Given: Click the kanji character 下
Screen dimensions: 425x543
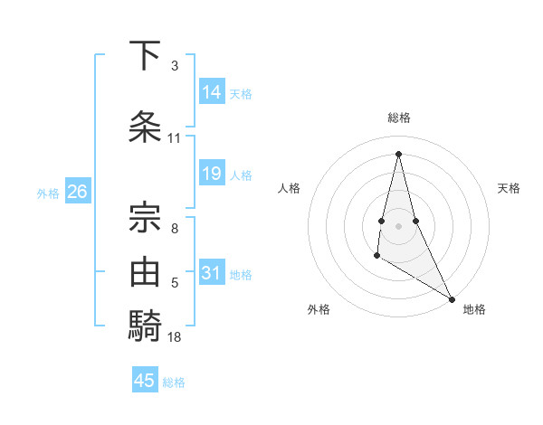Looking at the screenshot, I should coord(146,56).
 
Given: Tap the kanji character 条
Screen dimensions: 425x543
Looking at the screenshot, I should coord(146,126).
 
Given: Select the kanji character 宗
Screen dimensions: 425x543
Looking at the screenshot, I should coord(146,214).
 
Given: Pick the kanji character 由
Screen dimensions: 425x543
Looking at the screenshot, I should coord(146,270).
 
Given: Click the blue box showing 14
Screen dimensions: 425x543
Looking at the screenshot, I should coord(212,92).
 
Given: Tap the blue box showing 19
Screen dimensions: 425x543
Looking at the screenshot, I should coord(212,174).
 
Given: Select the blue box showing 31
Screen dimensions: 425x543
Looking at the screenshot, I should coord(212,273).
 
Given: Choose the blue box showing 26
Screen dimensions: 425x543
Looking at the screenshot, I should coord(78,192).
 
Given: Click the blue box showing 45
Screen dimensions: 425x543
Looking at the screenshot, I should coord(145,381).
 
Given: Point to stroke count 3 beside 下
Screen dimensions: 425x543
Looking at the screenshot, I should coord(174,66).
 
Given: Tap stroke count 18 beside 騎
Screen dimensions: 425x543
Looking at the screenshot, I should coord(175,337).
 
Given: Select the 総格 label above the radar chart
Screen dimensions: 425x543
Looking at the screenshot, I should coord(399,118).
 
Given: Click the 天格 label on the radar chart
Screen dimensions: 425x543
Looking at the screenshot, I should coord(510,188).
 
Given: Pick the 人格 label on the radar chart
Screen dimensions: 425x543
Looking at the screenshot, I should coord(289,188).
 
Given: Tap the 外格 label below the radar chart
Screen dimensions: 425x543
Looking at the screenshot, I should coord(319,309).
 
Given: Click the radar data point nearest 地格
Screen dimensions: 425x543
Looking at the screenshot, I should coord(452,297).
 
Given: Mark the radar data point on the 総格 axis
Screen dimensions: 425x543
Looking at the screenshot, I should coord(399,153).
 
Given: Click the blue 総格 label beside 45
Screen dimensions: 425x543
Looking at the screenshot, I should coord(174,382).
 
